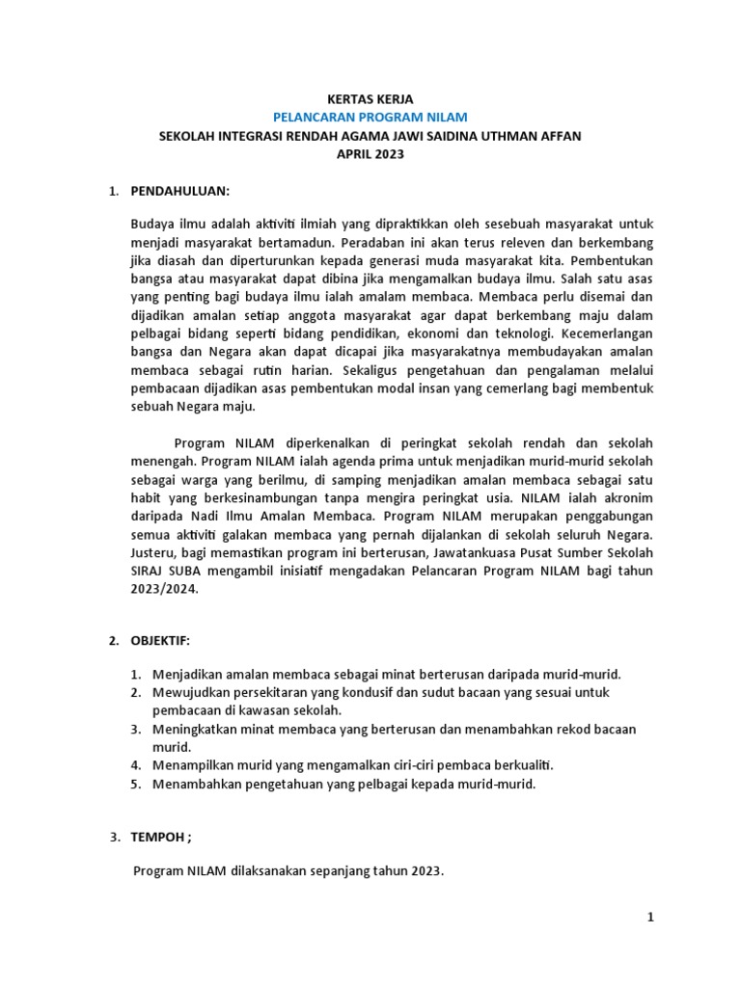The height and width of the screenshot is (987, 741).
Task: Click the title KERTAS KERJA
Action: pos(370,99)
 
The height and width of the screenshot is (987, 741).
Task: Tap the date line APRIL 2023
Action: pos(370,154)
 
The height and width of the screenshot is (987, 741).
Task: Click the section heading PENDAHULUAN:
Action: pos(180,192)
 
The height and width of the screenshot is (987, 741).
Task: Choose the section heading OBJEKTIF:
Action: pos(161,640)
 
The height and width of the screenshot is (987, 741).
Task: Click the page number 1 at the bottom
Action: pos(651,918)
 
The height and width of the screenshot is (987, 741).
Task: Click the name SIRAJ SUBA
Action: pos(165,572)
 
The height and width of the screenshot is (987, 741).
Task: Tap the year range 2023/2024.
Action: pos(165,590)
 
